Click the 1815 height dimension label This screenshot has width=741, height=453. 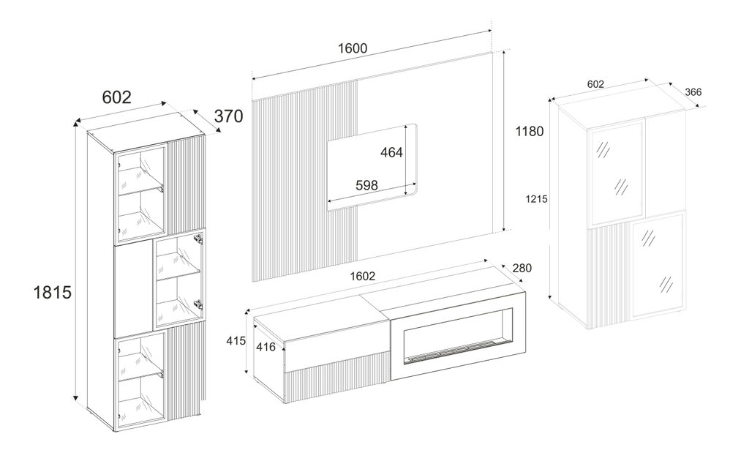pyautogui.click(x=52, y=292)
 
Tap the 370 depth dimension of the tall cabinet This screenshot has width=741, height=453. pyautogui.click(x=229, y=116)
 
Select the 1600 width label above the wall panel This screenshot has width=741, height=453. pyautogui.click(x=353, y=48)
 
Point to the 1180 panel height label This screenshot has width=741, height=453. pyautogui.click(x=530, y=131)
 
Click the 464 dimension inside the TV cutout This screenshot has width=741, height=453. pyautogui.click(x=391, y=152)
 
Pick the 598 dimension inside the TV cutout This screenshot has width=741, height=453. pyautogui.click(x=366, y=185)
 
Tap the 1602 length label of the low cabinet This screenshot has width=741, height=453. pyautogui.click(x=363, y=276)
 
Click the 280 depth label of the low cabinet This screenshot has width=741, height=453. pyautogui.click(x=522, y=268)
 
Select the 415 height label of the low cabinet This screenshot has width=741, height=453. pyautogui.click(x=236, y=340)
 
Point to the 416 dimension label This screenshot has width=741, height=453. pyautogui.click(x=266, y=347)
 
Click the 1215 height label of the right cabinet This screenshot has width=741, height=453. pyautogui.click(x=536, y=199)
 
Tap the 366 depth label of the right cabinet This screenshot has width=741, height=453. pyautogui.click(x=693, y=92)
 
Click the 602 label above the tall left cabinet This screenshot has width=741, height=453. pyautogui.click(x=117, y=97)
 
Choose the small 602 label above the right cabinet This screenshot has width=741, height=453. pyautogui.click(x=595, y=84)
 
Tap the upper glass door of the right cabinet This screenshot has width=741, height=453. pyautogui.click(x=616, y=173)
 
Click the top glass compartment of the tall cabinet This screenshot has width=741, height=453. pyautogui.click(x=141, y=195)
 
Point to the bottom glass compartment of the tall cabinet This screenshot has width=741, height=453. pyautogui.click(x=141, y=379)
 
